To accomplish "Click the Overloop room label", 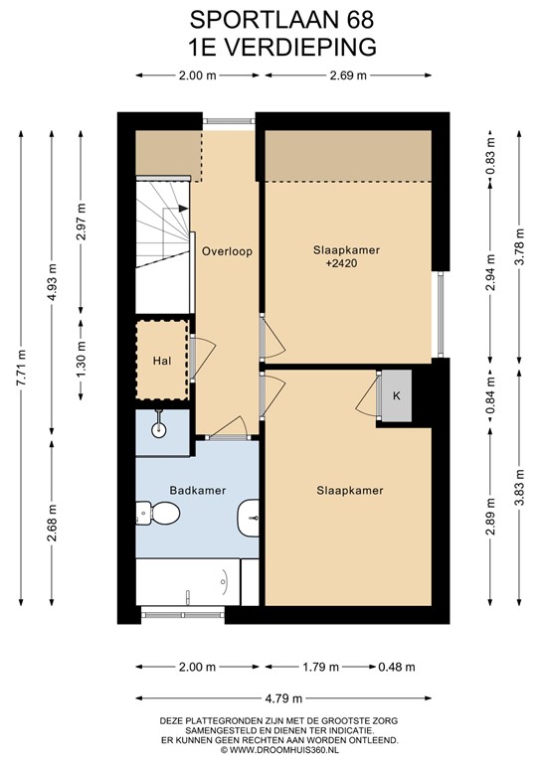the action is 227,251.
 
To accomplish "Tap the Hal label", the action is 162,361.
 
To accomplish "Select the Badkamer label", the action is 198,491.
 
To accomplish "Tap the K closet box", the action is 397,395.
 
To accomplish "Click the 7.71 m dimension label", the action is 22,368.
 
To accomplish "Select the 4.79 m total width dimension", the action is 283,698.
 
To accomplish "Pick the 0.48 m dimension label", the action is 397,668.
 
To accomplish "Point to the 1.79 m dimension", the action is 320,668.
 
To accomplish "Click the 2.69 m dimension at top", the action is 348,76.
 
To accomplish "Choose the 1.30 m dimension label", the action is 81,360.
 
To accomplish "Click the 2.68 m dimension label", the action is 52,524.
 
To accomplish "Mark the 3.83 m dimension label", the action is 519,488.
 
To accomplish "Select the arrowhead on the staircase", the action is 184,209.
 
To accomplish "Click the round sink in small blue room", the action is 159,429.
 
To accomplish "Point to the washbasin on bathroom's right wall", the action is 249,518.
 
